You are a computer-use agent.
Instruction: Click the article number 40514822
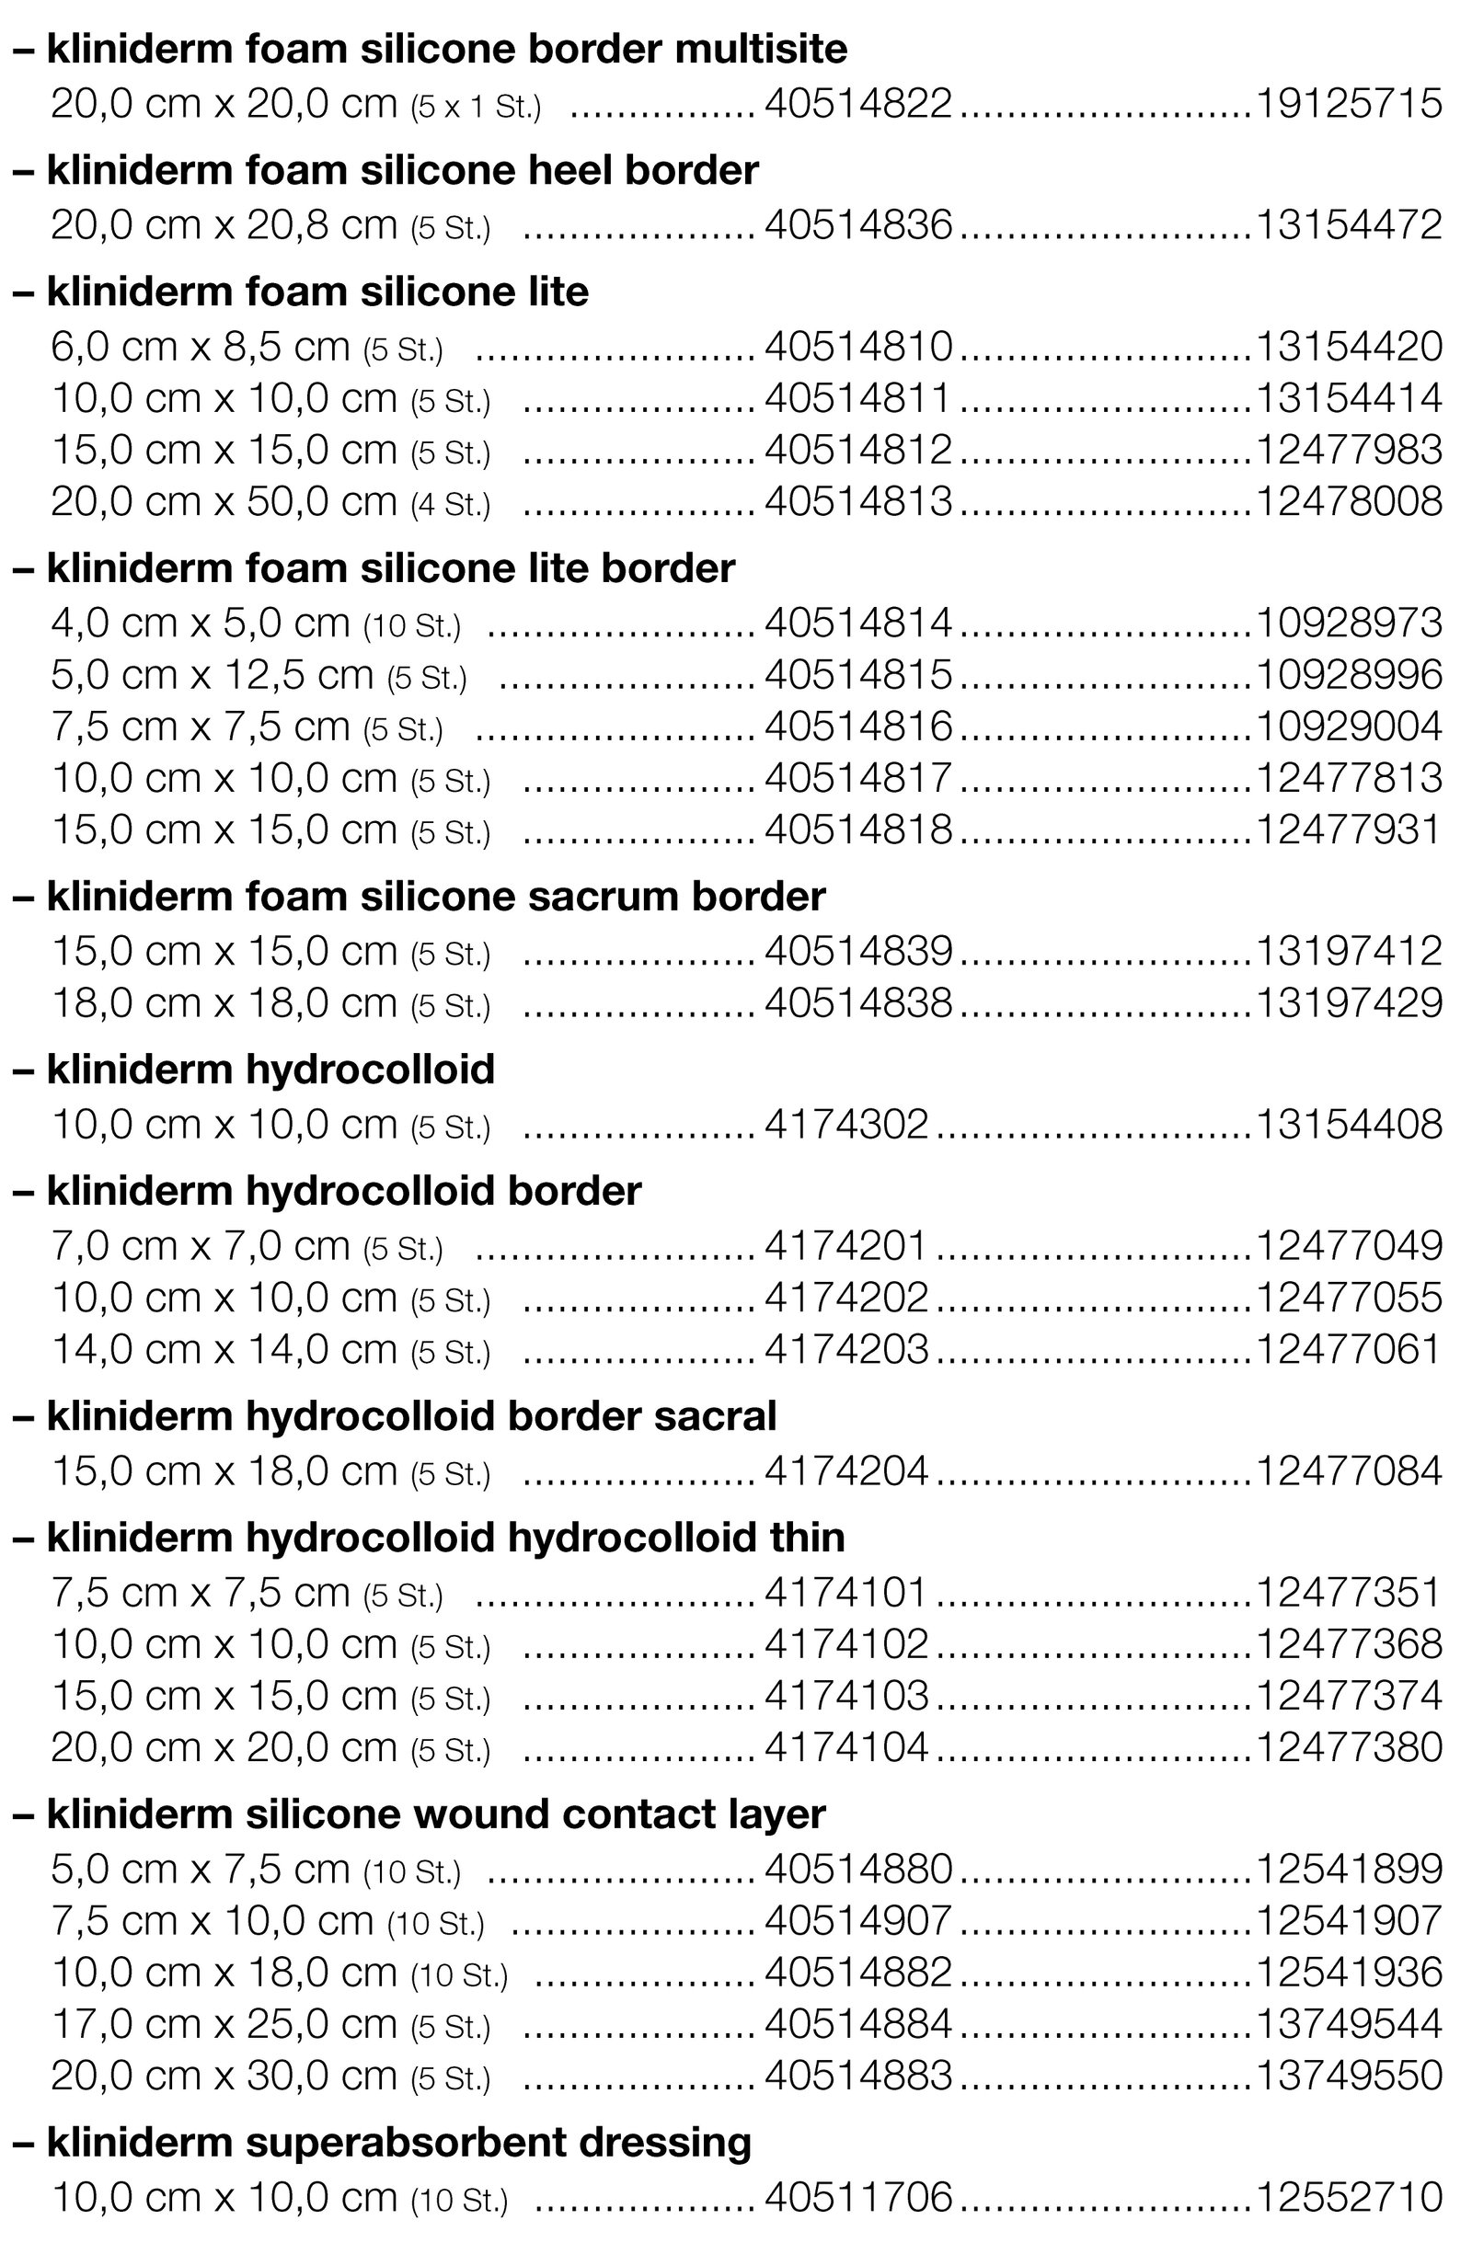(857, 103)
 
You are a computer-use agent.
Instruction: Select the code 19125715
(1349, 103)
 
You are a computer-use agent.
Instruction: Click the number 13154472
(1349, 224)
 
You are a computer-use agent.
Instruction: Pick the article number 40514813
(857, 501)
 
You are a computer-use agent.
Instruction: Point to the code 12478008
(1349, 501)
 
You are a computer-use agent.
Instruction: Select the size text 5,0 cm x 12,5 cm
(213, 675)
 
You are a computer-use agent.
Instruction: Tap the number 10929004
(1349, 727)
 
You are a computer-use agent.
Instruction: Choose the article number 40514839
(857, 951)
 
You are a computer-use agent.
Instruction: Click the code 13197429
(1349, 1003)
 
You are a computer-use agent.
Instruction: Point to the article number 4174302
(845, 1124)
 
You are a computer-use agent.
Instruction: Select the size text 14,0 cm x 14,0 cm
(224, 1350)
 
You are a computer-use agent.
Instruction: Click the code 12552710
(1349, 2197)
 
